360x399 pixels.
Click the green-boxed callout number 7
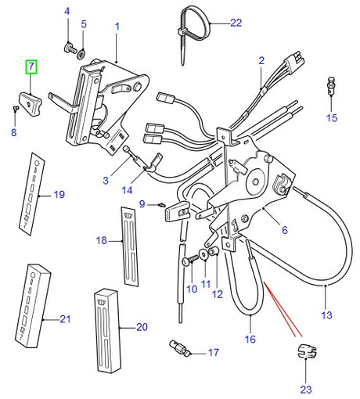pos(31,66)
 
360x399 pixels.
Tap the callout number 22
pos(236,23)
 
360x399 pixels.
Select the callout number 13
pos(326,315)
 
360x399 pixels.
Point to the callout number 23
pos(306,390)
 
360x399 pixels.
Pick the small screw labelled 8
pos(16,108)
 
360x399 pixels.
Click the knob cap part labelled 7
pos(31,103)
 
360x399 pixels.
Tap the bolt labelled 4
pos(70,48)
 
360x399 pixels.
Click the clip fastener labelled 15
pos(331,86)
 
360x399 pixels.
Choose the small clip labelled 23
pos(307,351)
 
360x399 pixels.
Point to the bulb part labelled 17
pos(180,348)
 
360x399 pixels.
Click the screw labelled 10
pos(191,260)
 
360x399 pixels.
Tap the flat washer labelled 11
pos(203,254)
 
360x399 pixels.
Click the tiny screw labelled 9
pos(162,205)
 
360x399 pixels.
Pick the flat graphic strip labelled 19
pos(31,194)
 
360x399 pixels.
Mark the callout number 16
pos(250,340)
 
